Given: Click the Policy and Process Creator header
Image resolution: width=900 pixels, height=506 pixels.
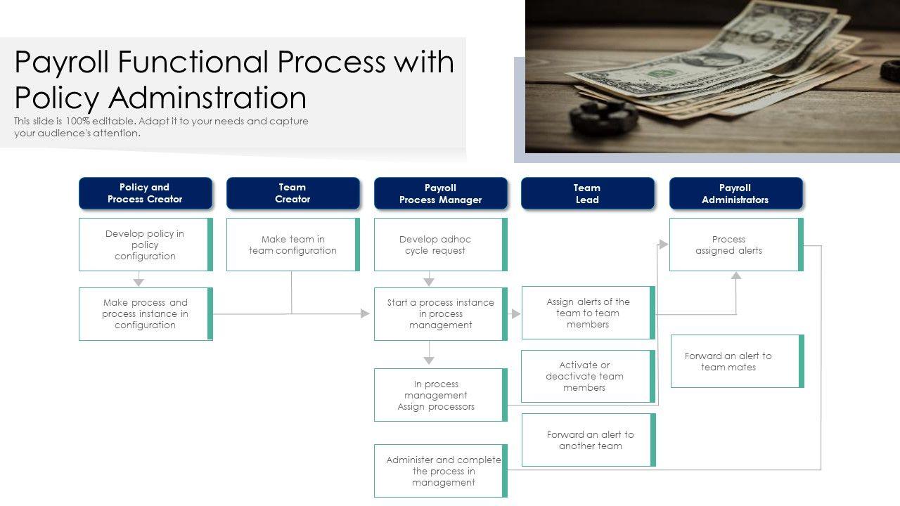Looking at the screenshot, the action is click(x=145, y=193).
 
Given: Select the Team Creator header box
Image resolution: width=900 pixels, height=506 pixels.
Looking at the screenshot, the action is click(x=292, y=193).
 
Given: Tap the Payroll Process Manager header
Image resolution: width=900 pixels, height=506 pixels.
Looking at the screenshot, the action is click(x=440, y=193).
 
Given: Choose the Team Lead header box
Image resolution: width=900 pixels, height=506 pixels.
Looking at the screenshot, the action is click(x=587, y=193).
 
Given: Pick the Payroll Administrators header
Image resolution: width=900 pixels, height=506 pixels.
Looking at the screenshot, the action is click(x=735, y=193).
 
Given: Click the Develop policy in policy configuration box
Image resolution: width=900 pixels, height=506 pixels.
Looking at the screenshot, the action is click(x=145, y=245).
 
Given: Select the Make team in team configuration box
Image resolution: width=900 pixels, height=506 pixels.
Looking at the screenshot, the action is click(x=292, y=245).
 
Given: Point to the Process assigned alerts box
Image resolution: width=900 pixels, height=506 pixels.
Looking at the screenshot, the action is click(x=735, y=245).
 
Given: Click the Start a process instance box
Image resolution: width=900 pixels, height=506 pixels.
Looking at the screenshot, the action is click(x=440, y=314).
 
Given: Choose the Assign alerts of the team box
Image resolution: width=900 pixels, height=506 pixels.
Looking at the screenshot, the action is click(x=588, y=313).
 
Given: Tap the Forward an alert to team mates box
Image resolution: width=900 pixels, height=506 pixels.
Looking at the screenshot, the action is click(x=736, y=361).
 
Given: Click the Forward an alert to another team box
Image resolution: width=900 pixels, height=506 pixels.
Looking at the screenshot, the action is click(x=589, y=440).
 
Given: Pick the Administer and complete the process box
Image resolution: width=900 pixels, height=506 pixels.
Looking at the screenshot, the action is click(x=440, y=471).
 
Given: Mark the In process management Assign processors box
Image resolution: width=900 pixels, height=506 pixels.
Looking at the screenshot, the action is click(x=440, y=395).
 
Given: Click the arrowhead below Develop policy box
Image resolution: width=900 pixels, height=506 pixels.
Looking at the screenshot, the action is click(x=139, y=282).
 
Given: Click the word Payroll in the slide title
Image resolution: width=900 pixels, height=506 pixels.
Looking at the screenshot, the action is click(x=63, y=63).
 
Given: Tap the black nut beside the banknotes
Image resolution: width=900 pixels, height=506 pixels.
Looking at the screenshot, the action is click(x=603, y=117).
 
